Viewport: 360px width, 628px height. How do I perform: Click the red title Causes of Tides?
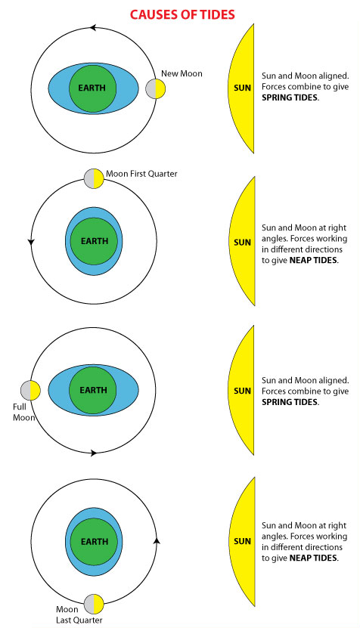click(182, 15)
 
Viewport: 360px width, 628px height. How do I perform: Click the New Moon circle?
click(156, 89)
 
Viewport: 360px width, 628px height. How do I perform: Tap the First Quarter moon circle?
click(94, 178)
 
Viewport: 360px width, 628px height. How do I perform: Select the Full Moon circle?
click(31, 391)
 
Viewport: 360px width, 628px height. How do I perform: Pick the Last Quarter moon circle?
click(94, 605)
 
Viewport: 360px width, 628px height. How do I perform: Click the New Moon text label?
click(182, 74)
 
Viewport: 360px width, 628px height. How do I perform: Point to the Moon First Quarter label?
click(141, 174)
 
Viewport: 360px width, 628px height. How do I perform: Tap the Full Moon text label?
click(23, 412)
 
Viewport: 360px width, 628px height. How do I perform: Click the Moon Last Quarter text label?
click(79, 615)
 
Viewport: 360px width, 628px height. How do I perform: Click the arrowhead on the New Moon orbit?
click(92, 28)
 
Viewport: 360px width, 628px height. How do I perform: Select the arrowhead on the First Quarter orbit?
click(31, 242)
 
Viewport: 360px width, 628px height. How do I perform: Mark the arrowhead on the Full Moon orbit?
click(94, 453)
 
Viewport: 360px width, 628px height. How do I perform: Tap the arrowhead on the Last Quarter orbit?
click(157, 540)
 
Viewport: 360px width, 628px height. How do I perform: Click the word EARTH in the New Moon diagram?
click(92, 88)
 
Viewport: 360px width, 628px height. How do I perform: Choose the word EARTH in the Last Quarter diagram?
click(95, 542)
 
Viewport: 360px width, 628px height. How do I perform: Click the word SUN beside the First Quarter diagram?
click(242, 243)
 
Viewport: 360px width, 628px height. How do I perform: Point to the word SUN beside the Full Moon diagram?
click(242, 391)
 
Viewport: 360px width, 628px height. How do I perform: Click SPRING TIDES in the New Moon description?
click(290, 97)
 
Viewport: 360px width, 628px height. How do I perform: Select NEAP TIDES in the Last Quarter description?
click(314, 558)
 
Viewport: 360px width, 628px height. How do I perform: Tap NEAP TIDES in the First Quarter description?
click(314, 260)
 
